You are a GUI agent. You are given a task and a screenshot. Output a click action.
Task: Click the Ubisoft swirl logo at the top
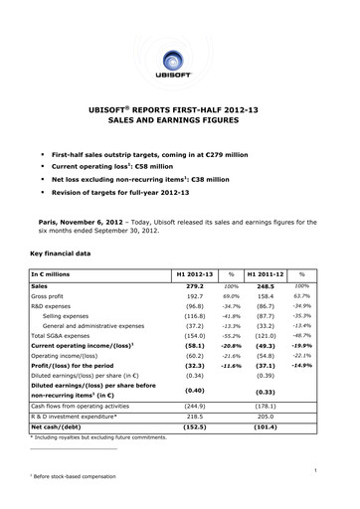tap(179, 39)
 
